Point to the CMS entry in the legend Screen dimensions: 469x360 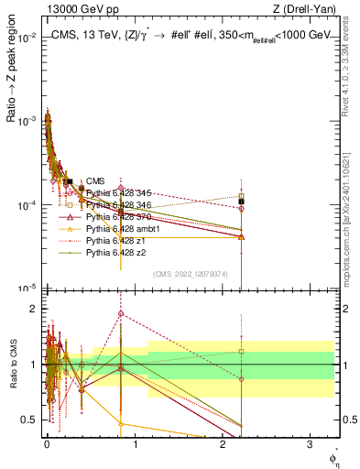pyautogui.click(x=95, y=180)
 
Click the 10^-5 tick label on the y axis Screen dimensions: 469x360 pyautogui.click(x=25, y=288)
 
